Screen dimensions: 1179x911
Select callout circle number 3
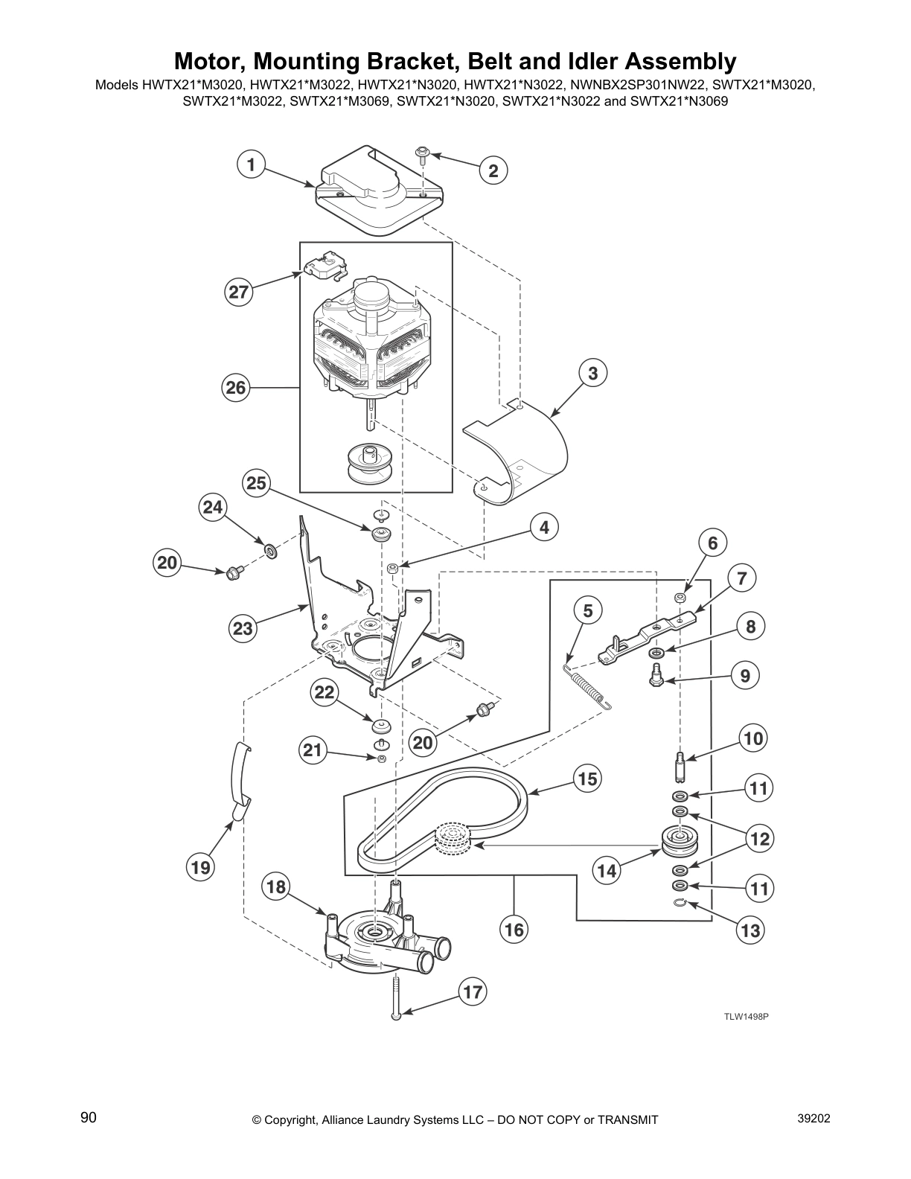point(592,373)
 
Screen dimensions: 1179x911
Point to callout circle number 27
point(238,293)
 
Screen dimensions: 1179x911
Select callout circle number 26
point(235,388)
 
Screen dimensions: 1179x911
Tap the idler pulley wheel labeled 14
point(678,840)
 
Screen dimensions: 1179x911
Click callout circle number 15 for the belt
point(587,779)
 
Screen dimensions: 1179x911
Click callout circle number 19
point(200,867)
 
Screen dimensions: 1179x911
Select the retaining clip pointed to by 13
point(679,903)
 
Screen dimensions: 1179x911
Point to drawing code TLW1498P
point(747,1016)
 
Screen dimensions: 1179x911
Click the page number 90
point(89,1118)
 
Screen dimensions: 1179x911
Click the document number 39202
point(813,1119)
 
